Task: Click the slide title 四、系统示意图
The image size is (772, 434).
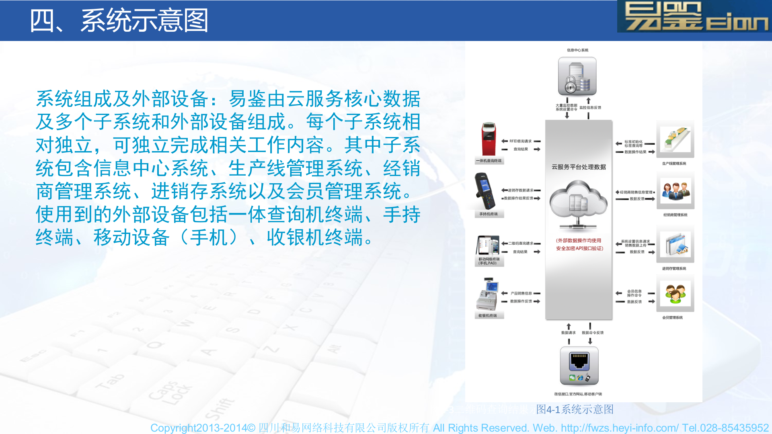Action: [119, 21]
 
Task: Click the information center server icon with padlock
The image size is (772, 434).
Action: [577, 76]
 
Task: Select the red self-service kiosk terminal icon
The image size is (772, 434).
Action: [489, 139]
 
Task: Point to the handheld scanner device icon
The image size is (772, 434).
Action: [485, 191]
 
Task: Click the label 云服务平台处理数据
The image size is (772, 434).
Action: [579, 167]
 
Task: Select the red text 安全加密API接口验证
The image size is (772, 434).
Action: [579, 248]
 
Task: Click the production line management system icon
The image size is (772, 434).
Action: [675, 139]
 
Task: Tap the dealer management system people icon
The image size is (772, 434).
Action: [675, 191]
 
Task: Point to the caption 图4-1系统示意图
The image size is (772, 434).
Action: [575, 409]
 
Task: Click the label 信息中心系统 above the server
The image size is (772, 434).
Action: [577, 50]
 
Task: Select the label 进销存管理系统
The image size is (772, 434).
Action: [674, 268]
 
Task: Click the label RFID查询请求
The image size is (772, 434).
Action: [520, 141]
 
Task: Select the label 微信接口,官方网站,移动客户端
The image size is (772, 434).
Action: [578, 394]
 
